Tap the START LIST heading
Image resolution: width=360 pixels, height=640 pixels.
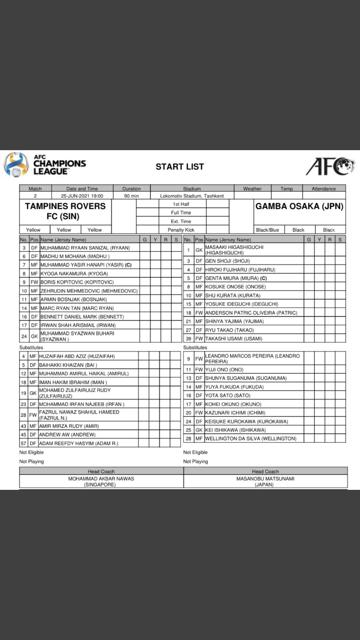tap(180, 167)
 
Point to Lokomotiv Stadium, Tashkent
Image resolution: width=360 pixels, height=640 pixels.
tap(192, 196)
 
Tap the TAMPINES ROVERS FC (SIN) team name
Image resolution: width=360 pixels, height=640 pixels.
tap(65, 211)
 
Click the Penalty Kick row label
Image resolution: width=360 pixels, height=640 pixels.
tap(181, 230)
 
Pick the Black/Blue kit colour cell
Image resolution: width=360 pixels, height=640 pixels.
tap(267, 230)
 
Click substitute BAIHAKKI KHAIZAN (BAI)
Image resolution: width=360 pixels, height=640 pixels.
tap(69, 365)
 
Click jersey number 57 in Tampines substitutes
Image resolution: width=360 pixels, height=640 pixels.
tap(24, 443)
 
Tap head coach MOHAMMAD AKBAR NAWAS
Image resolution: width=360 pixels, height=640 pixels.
tap(101, 478)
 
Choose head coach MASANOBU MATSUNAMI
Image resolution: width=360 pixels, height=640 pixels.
tap(265, 478)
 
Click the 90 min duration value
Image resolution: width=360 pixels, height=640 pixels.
tap(132, 196)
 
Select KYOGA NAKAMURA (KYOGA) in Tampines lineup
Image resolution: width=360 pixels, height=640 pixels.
tap(74, 273)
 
